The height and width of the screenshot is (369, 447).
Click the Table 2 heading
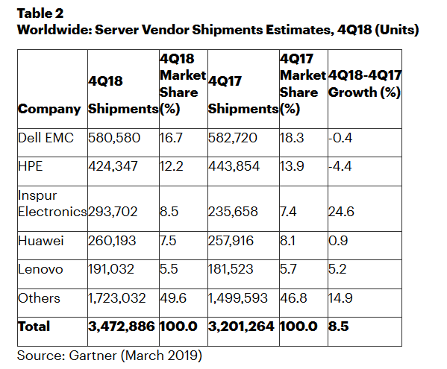[40, 13]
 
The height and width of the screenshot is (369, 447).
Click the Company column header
[49, 109]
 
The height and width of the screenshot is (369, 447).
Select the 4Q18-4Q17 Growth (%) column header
[365, 83]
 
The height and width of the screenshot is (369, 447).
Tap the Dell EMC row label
[46, 138]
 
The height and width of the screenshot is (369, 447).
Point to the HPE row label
[30, 166]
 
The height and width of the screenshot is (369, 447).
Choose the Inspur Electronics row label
[52, 204]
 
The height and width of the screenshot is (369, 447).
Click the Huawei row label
[40, 241]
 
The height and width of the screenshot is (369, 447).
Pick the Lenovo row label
[40, 269]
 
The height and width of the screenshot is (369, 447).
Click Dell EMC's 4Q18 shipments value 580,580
[114, 138]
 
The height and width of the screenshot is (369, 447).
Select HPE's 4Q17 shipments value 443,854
[234, 166]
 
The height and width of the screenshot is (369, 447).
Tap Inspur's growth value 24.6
[341, 212]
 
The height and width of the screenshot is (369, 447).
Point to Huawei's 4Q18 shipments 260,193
[112, 242]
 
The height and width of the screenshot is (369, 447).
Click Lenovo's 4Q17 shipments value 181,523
[231, 270]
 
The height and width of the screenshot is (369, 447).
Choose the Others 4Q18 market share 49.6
[173, 298]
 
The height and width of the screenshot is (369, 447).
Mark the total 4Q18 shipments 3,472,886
[122, 327]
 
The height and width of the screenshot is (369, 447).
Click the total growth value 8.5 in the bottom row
[338, 327]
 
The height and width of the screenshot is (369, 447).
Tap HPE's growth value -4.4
[340, 166]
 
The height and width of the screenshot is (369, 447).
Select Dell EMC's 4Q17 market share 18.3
[292, 138]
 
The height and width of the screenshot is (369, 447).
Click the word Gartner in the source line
[93, 356]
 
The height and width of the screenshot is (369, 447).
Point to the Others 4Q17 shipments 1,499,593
[238, 299]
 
